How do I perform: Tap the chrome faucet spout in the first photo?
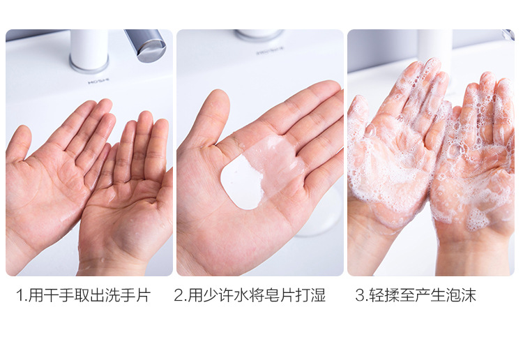click(146, 45)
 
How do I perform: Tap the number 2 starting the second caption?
click(179, 295)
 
